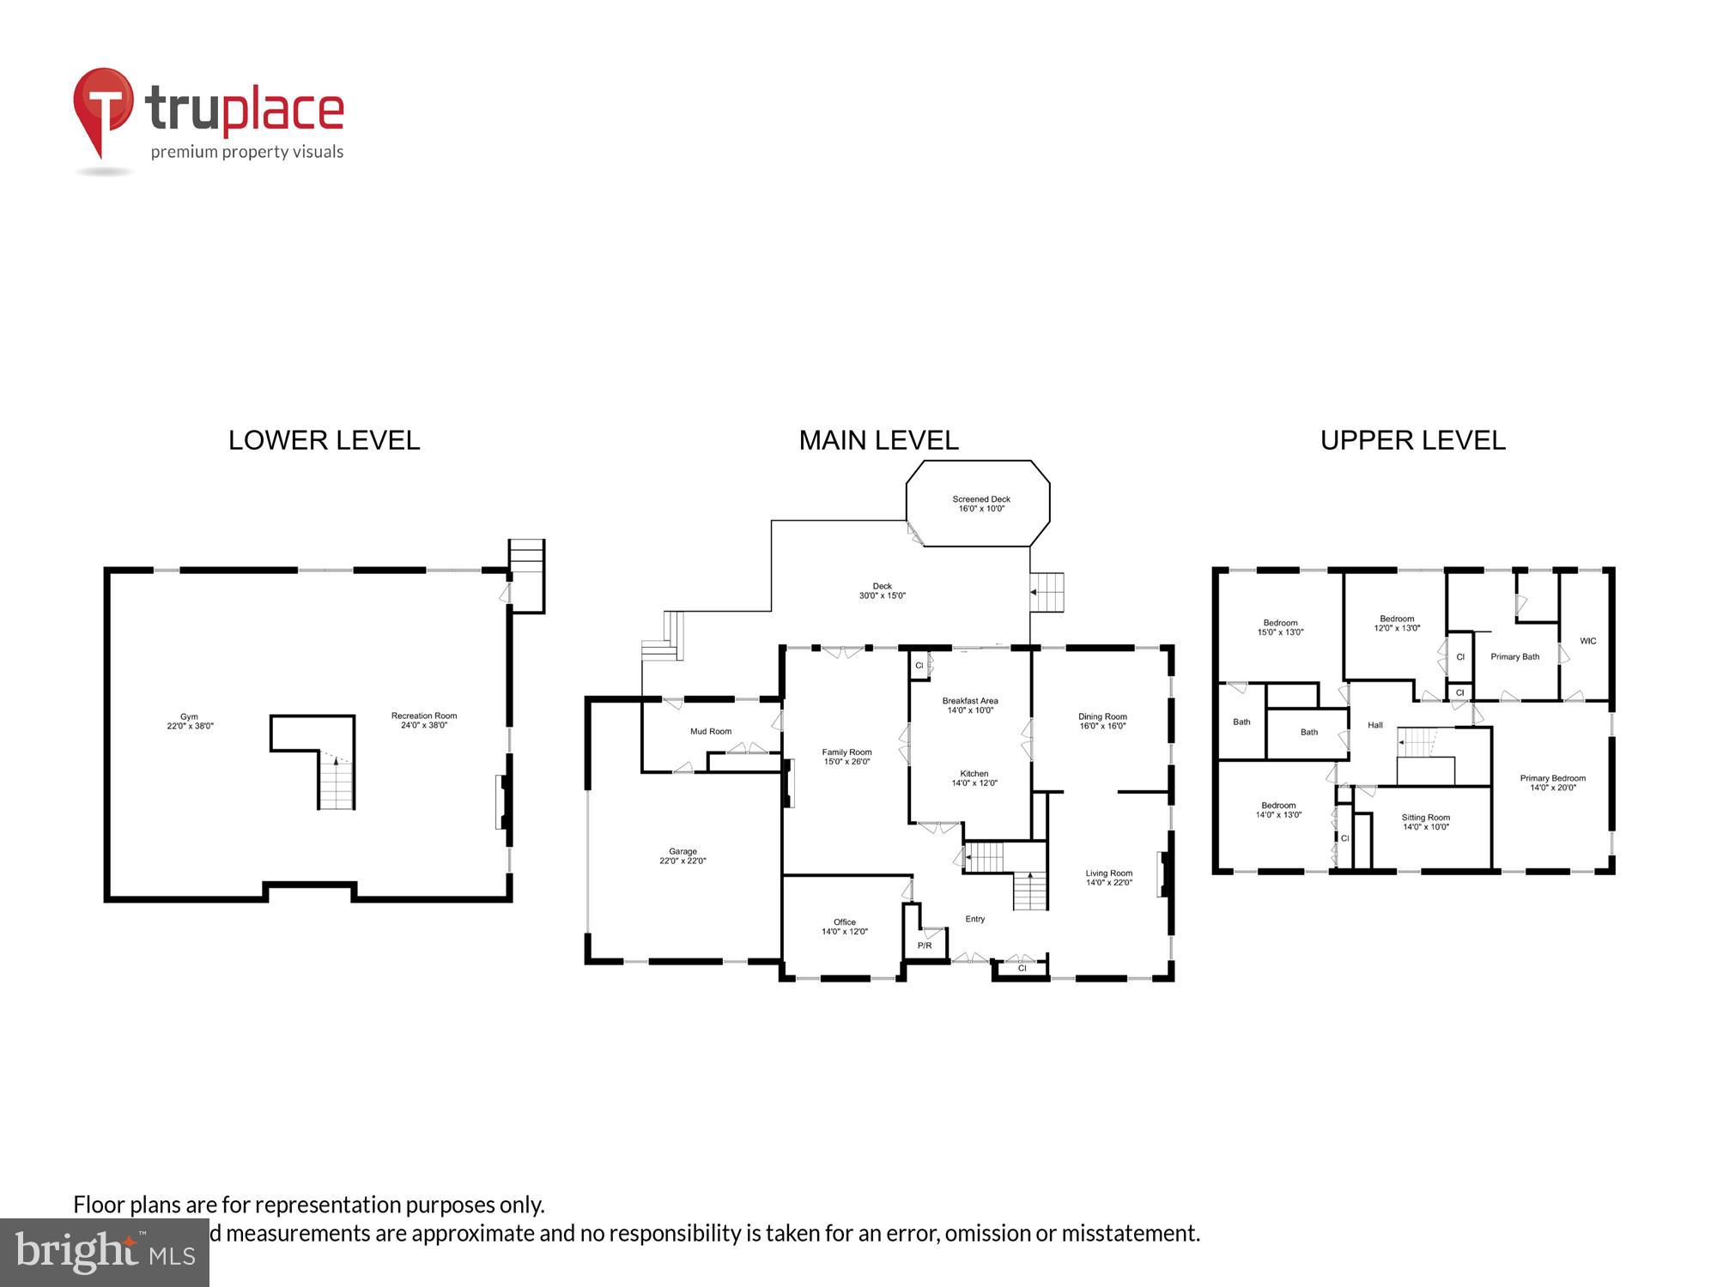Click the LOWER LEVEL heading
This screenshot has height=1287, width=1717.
pyautogui.click(x=324, y=440)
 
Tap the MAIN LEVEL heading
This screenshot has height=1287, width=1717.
pyautogui.click(x=878, y=440)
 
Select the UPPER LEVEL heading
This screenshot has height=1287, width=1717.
pyautogui.click(x=1412, y=440)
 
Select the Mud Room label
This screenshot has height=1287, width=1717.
pyautogui.click(x=711, y=731)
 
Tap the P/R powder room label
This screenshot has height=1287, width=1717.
pyautogui.click(x=925, y=946)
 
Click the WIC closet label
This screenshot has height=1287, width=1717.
pyautogui.click(x=1587, y=641)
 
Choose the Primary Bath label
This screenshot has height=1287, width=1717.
pyautogui.click(x=1514, y=656)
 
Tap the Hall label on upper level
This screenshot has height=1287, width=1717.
pyautogui.click(x=1374, y=725)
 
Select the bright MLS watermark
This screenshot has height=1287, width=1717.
pyautogui.click(x=104, y=1253)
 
